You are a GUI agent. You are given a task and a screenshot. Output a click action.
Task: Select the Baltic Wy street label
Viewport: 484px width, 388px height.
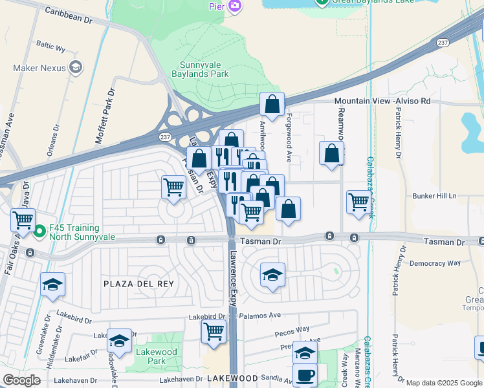coord(51,47)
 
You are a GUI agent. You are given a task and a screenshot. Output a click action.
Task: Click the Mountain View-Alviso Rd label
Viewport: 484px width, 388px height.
coord(382,102)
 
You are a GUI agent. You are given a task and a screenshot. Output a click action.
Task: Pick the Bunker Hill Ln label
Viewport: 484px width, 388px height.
coord(434,195)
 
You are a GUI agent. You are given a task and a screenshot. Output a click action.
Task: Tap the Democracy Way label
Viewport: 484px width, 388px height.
coord(435,263)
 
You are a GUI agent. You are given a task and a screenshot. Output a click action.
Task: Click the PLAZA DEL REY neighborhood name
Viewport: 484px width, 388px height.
coord(130,284)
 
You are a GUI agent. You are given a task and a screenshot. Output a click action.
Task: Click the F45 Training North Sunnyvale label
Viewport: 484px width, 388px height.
coord(74,232)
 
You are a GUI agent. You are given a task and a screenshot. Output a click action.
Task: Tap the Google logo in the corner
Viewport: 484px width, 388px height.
coord(21,380)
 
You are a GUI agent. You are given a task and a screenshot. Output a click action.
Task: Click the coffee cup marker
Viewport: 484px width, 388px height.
coord(305,375)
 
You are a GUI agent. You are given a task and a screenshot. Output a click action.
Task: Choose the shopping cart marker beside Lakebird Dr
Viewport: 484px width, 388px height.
coord(214,332)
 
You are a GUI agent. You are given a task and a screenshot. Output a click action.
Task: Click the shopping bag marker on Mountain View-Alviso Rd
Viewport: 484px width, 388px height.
coord(272,104)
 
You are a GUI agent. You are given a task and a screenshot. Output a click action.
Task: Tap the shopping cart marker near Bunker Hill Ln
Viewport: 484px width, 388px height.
coord(358,202)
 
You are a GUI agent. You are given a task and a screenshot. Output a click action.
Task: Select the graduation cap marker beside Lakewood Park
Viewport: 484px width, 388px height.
coord(119,340)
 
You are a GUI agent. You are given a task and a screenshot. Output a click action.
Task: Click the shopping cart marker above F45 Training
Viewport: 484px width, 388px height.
coord(23,221)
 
